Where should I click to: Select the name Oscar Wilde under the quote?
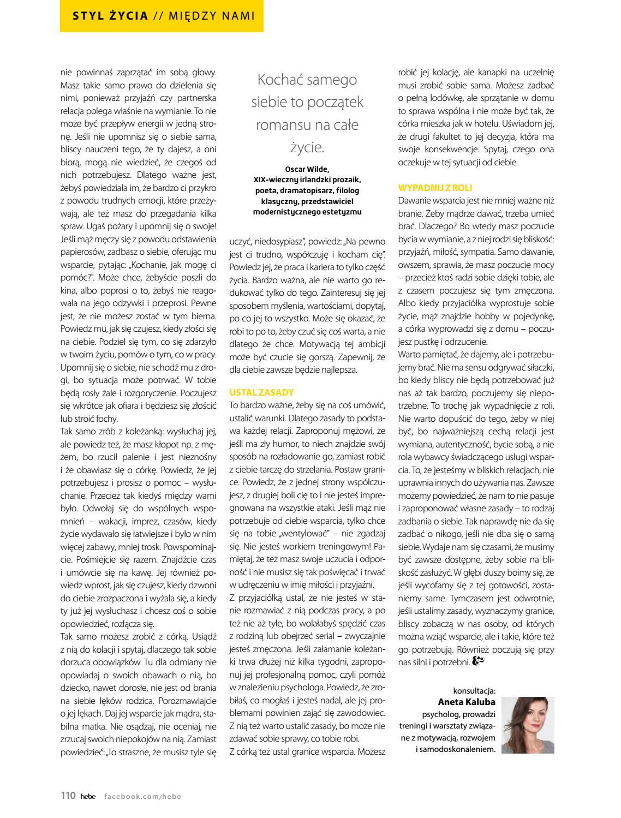pos(307,169)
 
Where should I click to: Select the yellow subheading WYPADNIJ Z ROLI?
pos(435,188)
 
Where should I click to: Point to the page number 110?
pos(68,796)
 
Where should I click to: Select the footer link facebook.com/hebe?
pos(142,796)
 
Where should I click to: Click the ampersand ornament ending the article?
pos(478,661)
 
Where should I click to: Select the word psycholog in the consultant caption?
pos(439,714)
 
